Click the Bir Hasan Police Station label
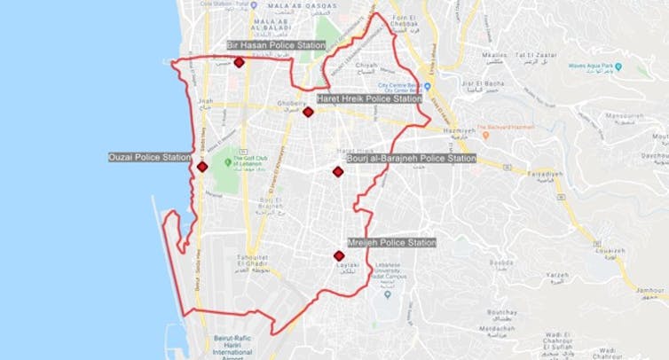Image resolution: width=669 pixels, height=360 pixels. point(276,45)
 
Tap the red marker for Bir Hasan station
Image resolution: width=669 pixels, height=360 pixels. point(239,62)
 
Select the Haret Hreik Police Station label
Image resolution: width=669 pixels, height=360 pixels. point(369,99)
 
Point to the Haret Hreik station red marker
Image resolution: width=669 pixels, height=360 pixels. point(308,112)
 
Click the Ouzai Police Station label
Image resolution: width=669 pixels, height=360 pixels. point(149,158)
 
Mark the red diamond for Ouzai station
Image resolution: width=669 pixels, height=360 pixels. point(202,167)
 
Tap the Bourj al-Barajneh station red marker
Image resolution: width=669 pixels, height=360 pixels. point(338,172)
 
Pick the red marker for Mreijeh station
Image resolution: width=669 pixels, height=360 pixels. point(339,255)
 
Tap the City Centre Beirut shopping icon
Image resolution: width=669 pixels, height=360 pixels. point(427,86)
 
